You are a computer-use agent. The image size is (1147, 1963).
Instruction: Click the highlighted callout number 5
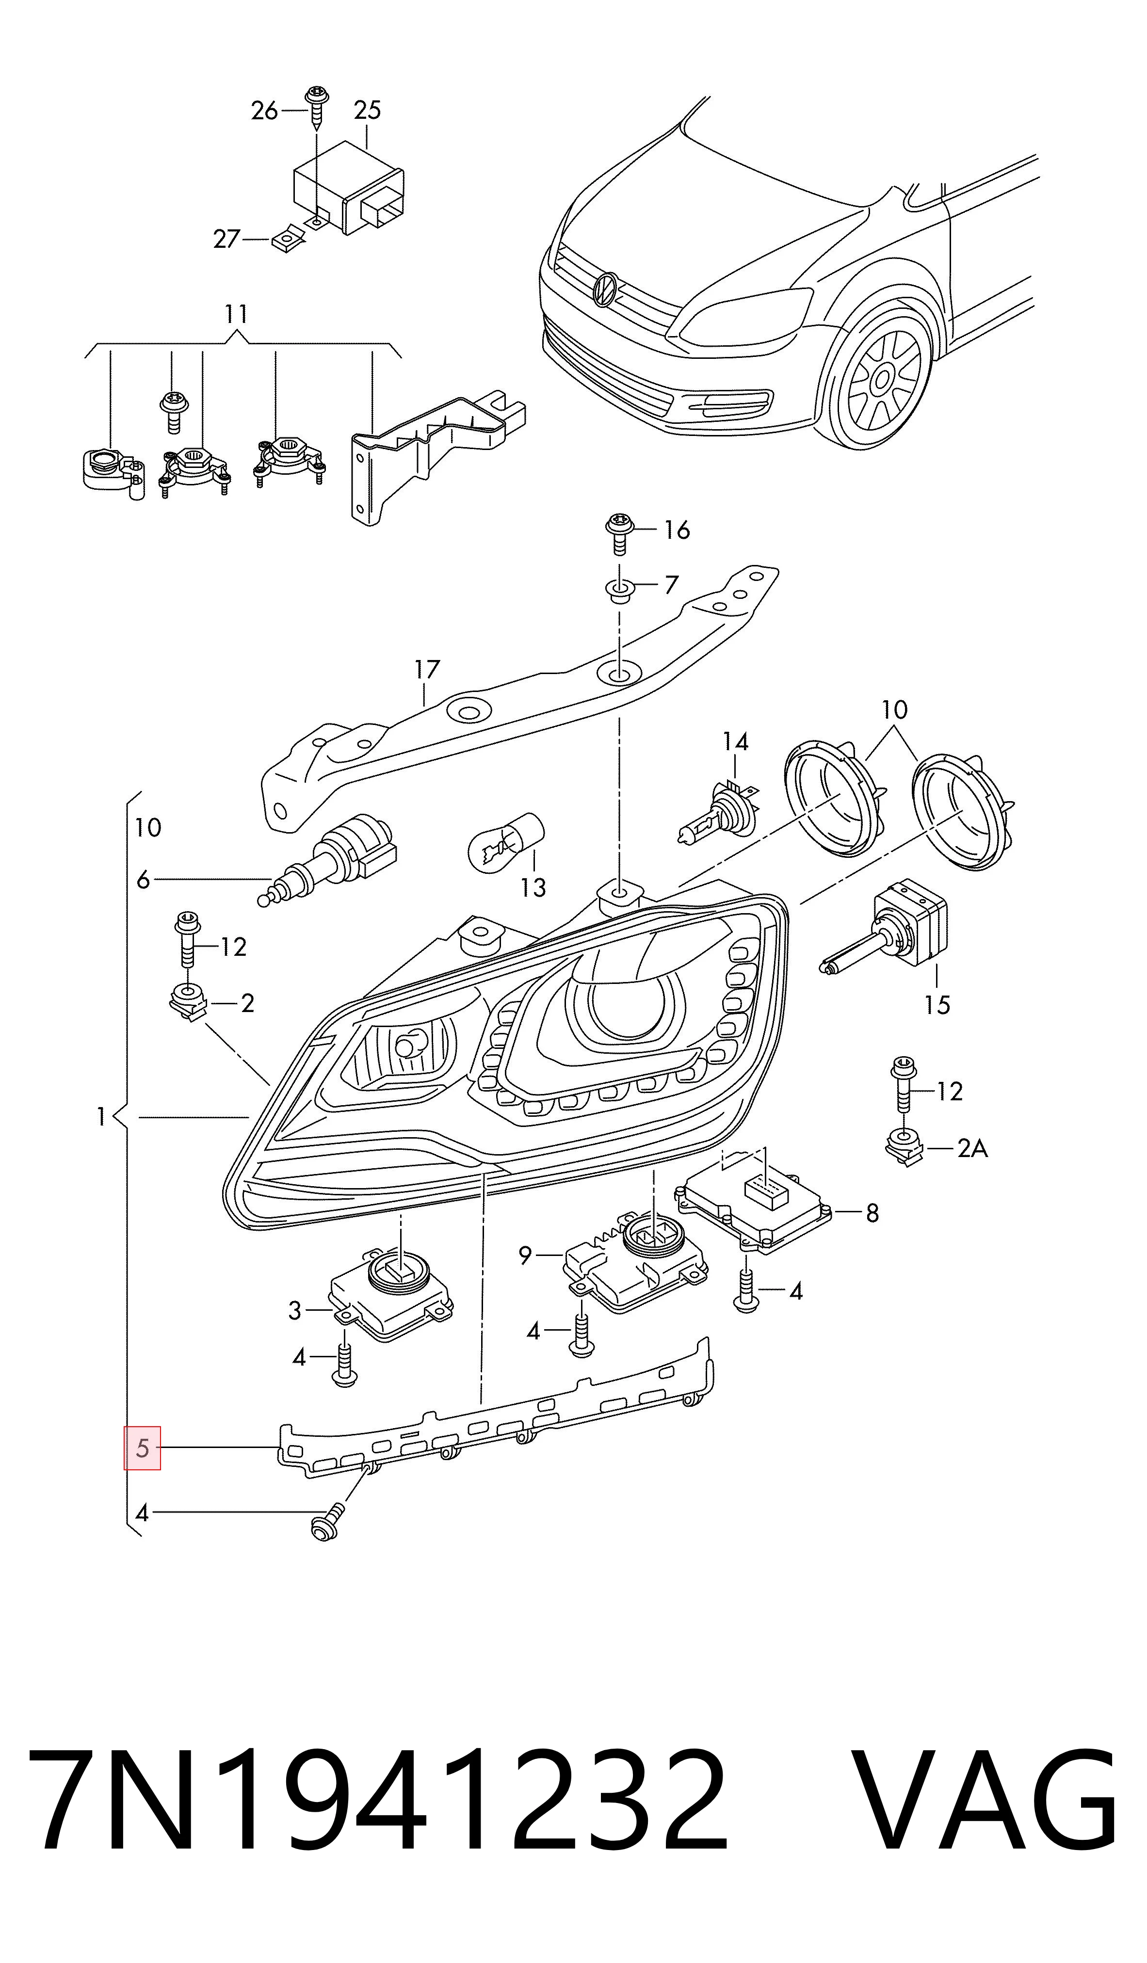click(142, 1448)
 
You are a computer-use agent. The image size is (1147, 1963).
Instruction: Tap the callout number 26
click(264, 111)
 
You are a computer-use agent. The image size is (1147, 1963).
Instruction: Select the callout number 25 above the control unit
click(367, 110)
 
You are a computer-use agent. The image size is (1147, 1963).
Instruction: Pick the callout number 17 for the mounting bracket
click(427, 669)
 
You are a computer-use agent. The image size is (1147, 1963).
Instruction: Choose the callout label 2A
click(972, 1148)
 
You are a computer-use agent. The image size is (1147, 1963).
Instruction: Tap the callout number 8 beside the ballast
click(872, 1213)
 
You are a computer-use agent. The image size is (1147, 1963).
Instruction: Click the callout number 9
click(525, 1255)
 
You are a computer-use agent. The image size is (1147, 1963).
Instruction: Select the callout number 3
click(294, 1311)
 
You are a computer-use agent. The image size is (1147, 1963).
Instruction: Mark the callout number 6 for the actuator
click(143, 880)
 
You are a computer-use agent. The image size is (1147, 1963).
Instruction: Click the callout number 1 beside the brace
click(100, 1118)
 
